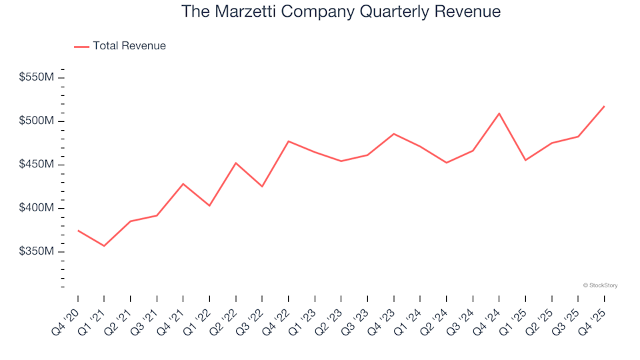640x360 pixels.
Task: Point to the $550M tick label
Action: [x=37, y=77]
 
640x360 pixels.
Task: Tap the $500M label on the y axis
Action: [x=37, y=121]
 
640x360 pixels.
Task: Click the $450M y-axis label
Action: [x=37, y=165]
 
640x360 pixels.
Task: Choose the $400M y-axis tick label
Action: [x=37, y=208]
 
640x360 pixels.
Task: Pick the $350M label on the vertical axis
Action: [x=37, y=252]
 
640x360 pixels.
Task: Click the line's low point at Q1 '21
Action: [x=104, y=246]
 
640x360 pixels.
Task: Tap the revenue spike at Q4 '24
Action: [x=499, y=113]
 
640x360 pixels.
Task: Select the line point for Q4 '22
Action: [x=288, y=141]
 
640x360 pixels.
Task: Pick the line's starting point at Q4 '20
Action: [x=78, y=231]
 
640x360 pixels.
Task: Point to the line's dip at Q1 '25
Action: [x=525, y=160]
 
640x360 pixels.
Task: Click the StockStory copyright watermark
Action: [x=600, y=285]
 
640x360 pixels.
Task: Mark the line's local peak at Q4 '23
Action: [x=393, y=134]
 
